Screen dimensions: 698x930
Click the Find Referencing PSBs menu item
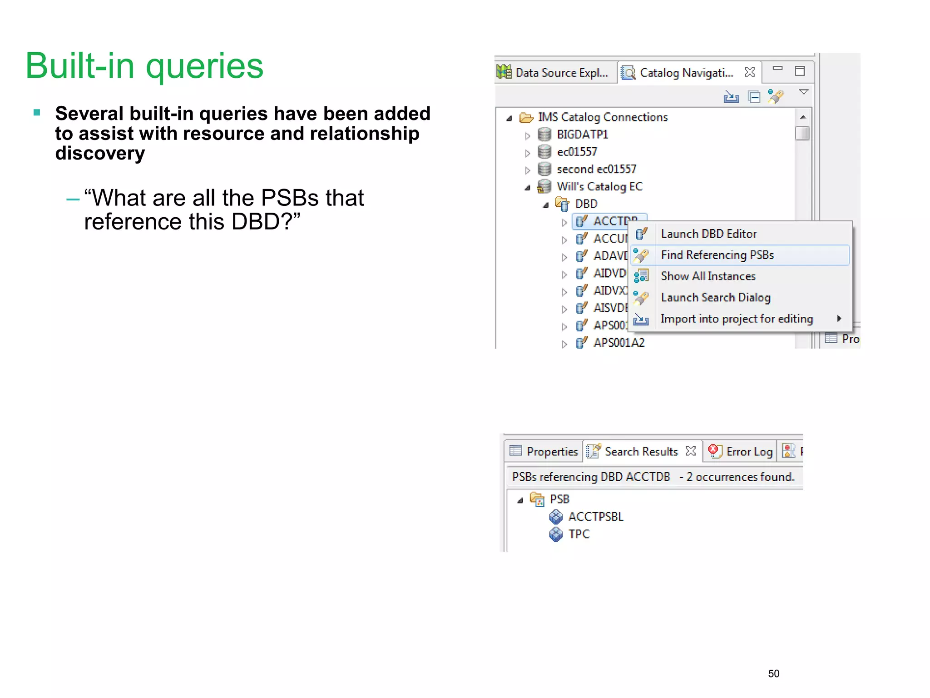(x=717, y=255)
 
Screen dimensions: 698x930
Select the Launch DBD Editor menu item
(x=708, y=234)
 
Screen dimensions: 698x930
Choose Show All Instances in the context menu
(x=708, y=276)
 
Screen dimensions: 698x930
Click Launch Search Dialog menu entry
(x=716, y=298)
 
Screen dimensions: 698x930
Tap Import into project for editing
(x=737, y=319)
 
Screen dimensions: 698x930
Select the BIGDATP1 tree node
(x=582, y=135)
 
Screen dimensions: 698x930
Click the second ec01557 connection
(x=596, y=170)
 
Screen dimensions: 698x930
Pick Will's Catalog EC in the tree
(x=599, y=187)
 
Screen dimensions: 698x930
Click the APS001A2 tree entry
(x=618, y=343)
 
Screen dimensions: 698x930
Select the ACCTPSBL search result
(x=595, y=517)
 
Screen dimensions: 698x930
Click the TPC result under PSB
(x=579, y=534)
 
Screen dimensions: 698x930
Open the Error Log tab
(x=749, y=451)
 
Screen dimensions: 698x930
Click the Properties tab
(x=552, y=451)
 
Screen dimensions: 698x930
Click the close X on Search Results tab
(x=691, y=451)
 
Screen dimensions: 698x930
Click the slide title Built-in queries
(x=144, y=66)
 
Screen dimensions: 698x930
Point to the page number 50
(x=773, y=673)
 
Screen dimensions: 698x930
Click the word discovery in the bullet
(x=100, y=154)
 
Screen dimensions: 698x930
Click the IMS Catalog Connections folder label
(x=603, y=117)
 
